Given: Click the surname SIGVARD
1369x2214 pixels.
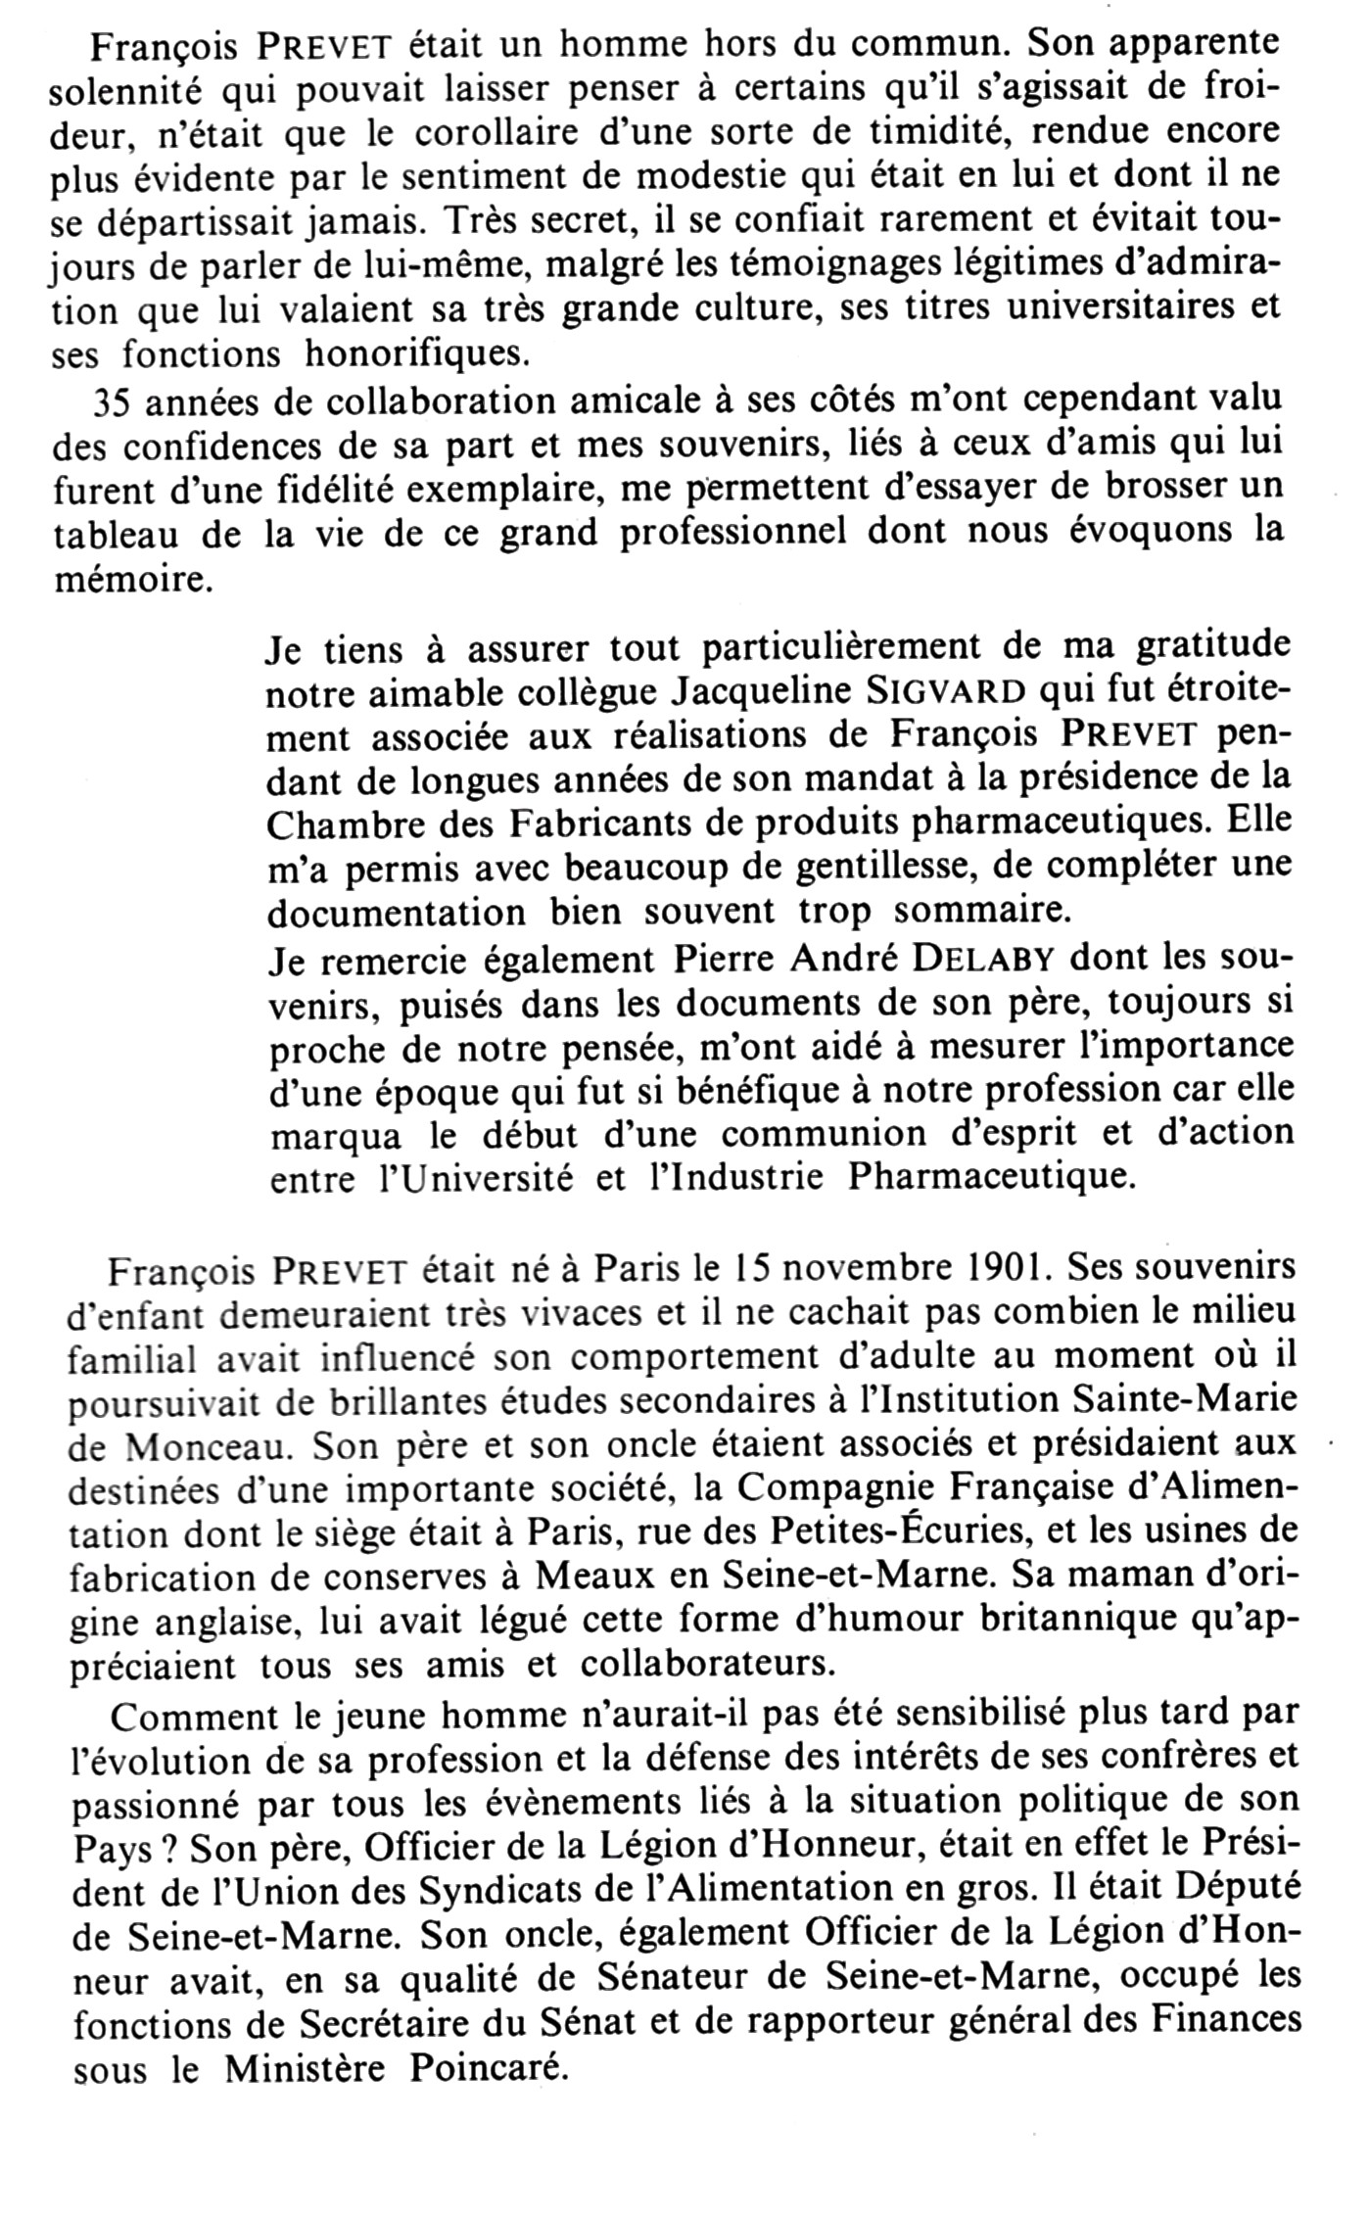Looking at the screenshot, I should click(x=947, y=692).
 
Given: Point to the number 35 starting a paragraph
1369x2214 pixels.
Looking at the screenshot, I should click(x=109, y=402).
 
